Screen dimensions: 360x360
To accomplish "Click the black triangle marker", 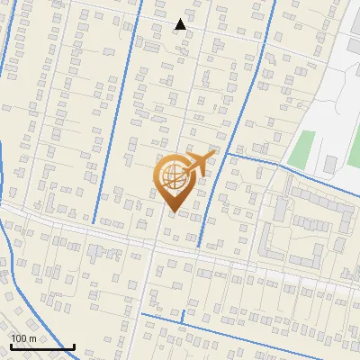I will (x=181, y=24).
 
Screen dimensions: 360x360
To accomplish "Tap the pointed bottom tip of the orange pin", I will (x=173, y=212).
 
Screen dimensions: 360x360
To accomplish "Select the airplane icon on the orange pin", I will (x=199, y=164).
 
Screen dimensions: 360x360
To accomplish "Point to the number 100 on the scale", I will (x=20, y=338).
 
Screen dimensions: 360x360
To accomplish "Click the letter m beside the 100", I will (x=33, y=338).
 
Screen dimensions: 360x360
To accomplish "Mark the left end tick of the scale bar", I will (x=10, y=346).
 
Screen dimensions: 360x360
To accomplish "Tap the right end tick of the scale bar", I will (x=74, y=346).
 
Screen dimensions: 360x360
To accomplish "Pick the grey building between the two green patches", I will (x=330, y=164).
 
